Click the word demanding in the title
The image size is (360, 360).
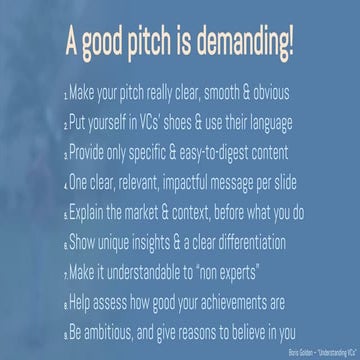pos(243,44)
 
